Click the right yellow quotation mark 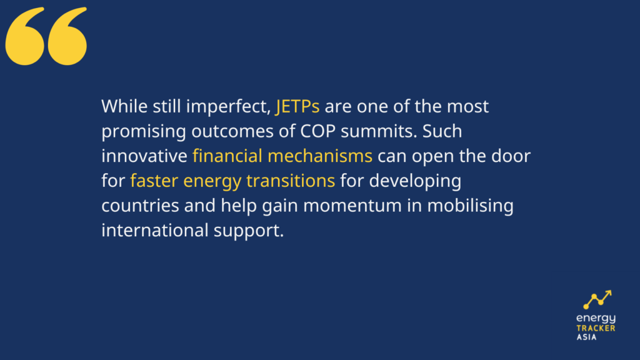coord(67,37)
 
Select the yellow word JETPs coord(297,106)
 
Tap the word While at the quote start coord(124,106)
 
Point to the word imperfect coord(229,107)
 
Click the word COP coord(318,131)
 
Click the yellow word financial coord(227,156)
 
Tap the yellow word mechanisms coord(320,156)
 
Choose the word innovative coord(144,156)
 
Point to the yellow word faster coord(154,181)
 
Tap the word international coord(155,231)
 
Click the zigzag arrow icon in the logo coord(597,299)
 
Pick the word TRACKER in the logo coord(596,328)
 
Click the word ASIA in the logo coord(586,337)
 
